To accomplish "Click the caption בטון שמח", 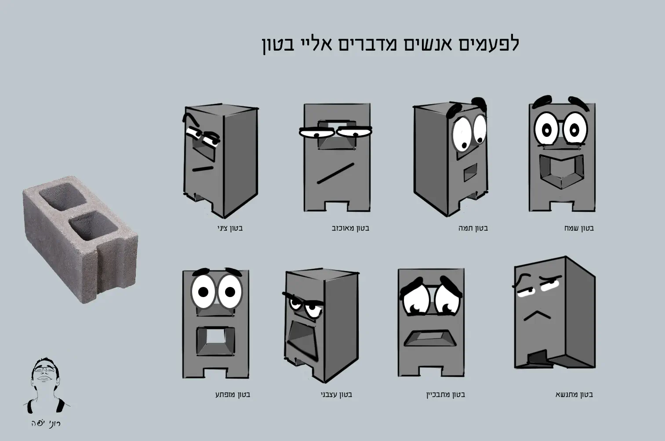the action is [579, 228].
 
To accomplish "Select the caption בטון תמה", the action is [473, 228].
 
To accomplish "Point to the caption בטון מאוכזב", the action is [350, 228].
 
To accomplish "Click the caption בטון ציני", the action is [230, 228].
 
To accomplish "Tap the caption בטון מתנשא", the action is [574, 394].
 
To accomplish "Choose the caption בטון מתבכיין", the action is [446, 395].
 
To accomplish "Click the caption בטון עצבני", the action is [336, 395].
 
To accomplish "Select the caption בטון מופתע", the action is [233, 394].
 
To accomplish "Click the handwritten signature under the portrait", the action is [46, 423].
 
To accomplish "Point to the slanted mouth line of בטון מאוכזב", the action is [335, 173].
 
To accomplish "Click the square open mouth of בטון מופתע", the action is [215, 341].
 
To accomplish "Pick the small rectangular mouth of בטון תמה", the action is [470, 172].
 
